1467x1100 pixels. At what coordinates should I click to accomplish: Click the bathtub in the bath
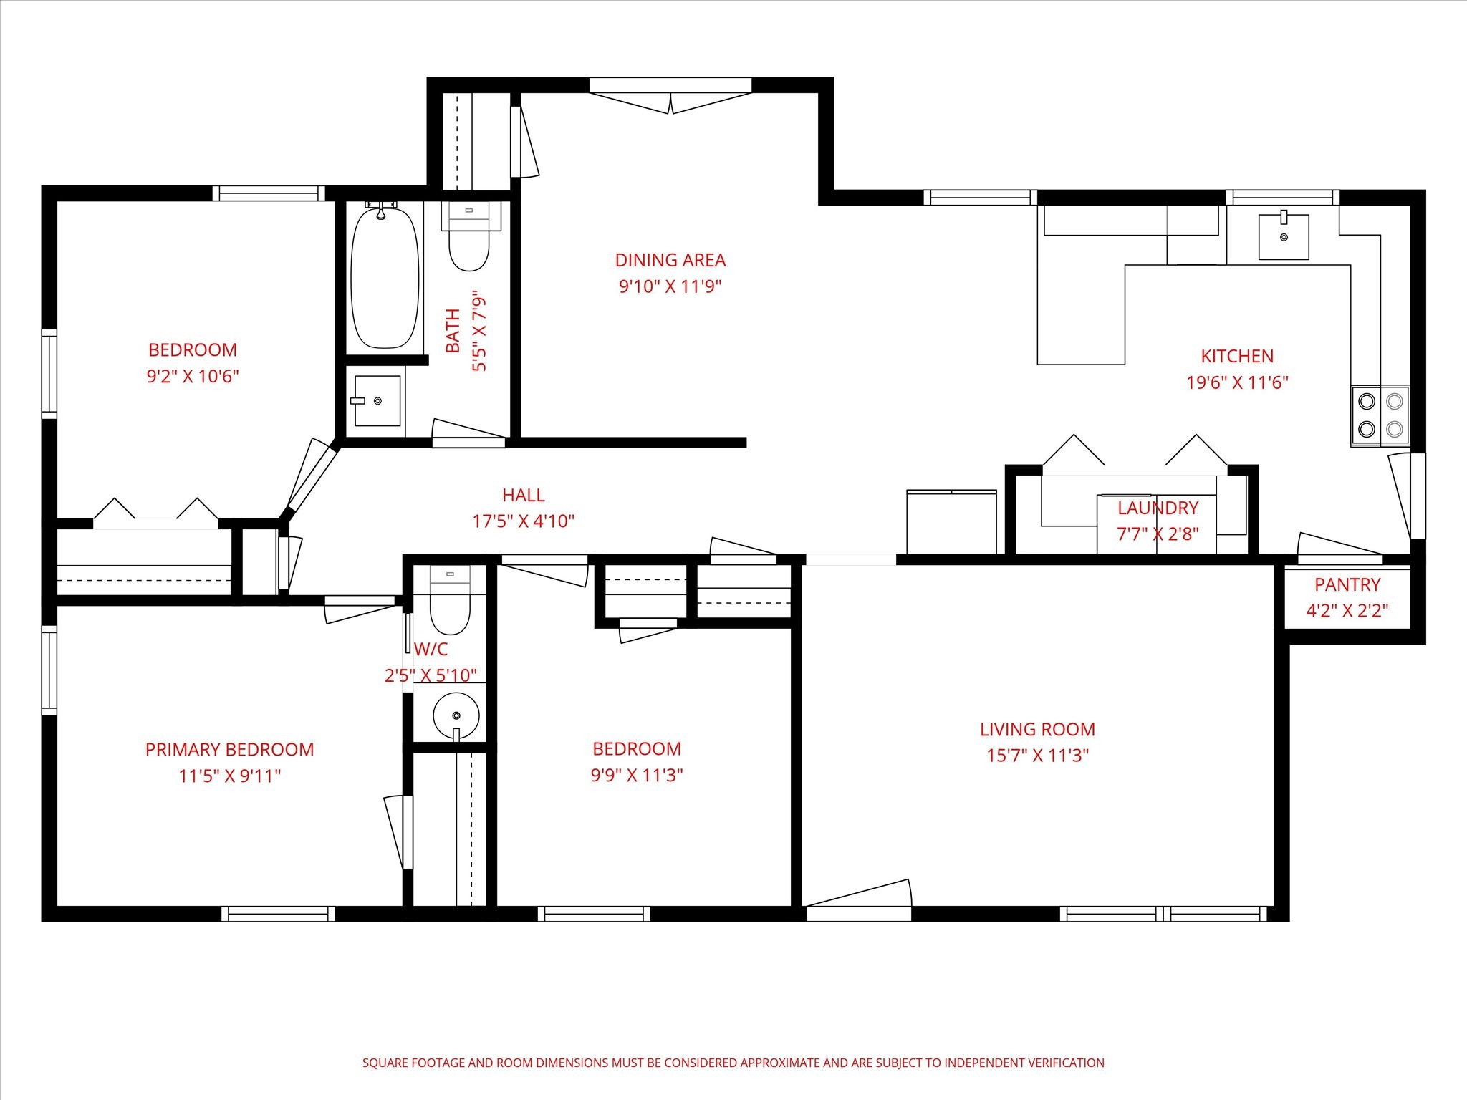385,277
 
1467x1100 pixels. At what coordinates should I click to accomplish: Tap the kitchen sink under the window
1284,236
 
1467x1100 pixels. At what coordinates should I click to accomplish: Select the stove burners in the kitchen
1380,416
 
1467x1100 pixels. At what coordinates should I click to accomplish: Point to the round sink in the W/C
456,715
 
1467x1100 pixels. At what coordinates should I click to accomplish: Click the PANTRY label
1347,585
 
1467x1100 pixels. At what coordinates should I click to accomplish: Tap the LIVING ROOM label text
1037,730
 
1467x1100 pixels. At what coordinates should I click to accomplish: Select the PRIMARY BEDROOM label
230,750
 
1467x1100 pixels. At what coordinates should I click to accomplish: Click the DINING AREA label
670,260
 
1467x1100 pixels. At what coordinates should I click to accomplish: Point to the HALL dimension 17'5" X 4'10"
524,521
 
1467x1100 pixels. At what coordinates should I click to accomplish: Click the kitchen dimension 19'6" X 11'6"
1237,382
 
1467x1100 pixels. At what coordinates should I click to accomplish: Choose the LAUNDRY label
1158,508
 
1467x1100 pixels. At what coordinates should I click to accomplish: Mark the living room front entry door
859,901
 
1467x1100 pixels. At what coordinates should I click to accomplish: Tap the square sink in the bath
376,401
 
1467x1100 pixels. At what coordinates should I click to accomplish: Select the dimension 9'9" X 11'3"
637,776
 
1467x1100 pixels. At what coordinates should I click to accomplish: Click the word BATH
453,331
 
